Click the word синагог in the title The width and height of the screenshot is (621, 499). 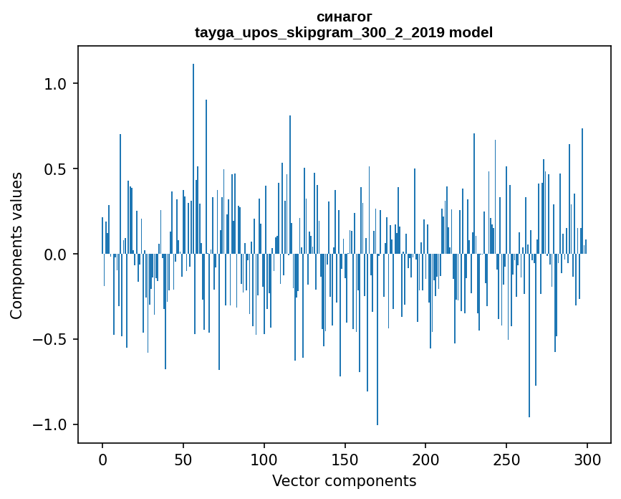(x=344, y=17)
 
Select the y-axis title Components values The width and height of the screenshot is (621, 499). (x=16, y=245)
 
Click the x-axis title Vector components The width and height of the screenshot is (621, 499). (x=344, y=480)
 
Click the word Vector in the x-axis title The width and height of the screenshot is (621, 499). (x=294, y=480)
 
